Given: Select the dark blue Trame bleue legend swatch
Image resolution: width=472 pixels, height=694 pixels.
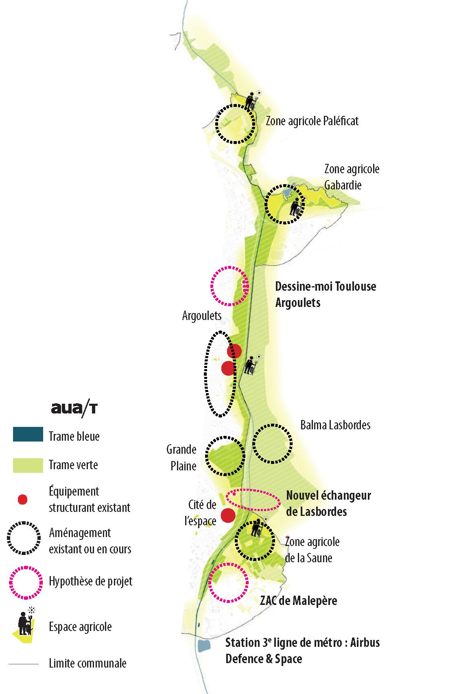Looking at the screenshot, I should (28, 435).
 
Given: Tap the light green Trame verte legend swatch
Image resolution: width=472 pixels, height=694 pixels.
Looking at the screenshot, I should (28, 465).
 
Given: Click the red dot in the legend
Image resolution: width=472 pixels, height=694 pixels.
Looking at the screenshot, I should (23, 500).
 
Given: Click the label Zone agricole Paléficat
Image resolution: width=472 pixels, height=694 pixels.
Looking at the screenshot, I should (312, 121).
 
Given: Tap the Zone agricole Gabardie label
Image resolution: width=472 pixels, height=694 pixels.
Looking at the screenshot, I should (352, 177).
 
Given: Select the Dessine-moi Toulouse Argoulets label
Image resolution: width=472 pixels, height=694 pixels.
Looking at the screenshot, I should (326, 294).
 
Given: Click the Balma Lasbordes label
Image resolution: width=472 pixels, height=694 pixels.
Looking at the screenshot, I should (335, 425).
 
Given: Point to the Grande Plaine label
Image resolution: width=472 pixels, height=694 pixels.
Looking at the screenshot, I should (182, 457).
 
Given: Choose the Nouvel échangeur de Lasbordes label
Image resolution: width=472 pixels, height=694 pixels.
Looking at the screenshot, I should (328, 503).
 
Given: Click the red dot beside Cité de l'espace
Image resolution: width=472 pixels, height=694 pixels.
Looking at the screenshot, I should (228, 516).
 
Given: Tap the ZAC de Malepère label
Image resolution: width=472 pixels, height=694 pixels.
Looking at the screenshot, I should (299, 600).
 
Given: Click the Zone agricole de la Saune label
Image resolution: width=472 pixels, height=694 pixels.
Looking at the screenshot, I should (312, 550).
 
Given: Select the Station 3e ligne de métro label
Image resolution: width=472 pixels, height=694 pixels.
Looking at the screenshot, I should (302, 650).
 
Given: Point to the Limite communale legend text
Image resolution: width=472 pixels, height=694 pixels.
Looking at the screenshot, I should (87, 664).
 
